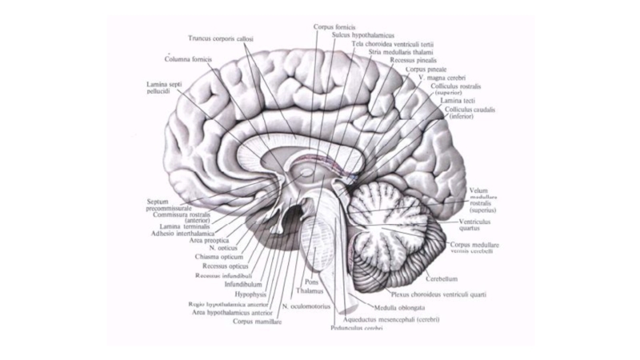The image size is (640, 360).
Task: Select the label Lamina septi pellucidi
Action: click(163, 88)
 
